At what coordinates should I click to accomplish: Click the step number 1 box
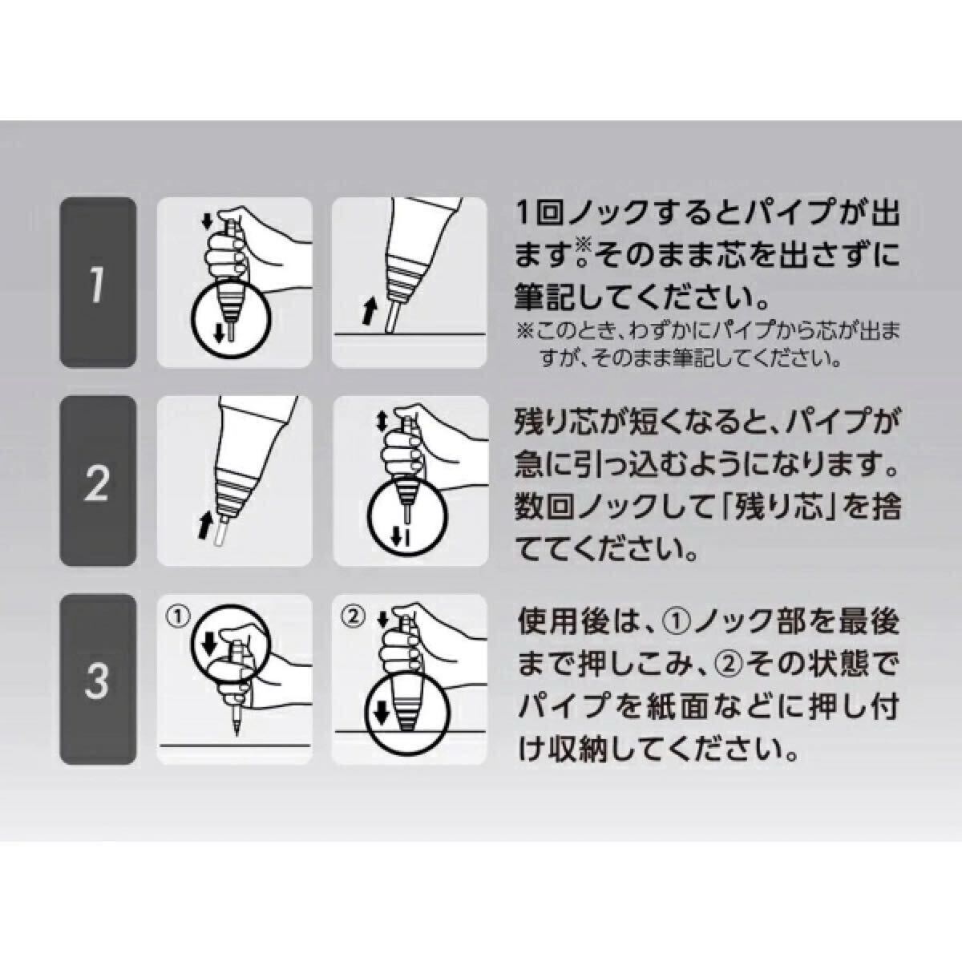click(x=98, y=282)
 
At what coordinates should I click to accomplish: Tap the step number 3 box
click(x=98, y=678)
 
